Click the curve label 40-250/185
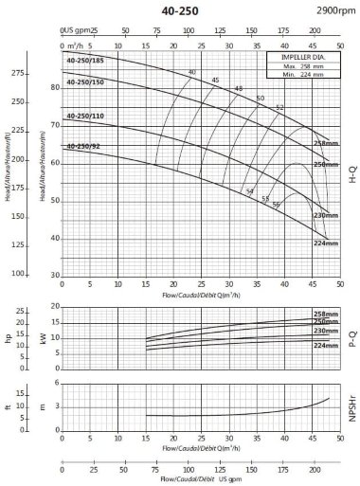85,61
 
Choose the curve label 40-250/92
83,146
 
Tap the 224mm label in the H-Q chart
325,243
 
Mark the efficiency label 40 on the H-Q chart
192,72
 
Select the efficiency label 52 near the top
279,107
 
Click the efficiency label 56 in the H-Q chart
277,205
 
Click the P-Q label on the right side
351,337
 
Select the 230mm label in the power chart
326,331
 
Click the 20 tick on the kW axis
55,306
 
